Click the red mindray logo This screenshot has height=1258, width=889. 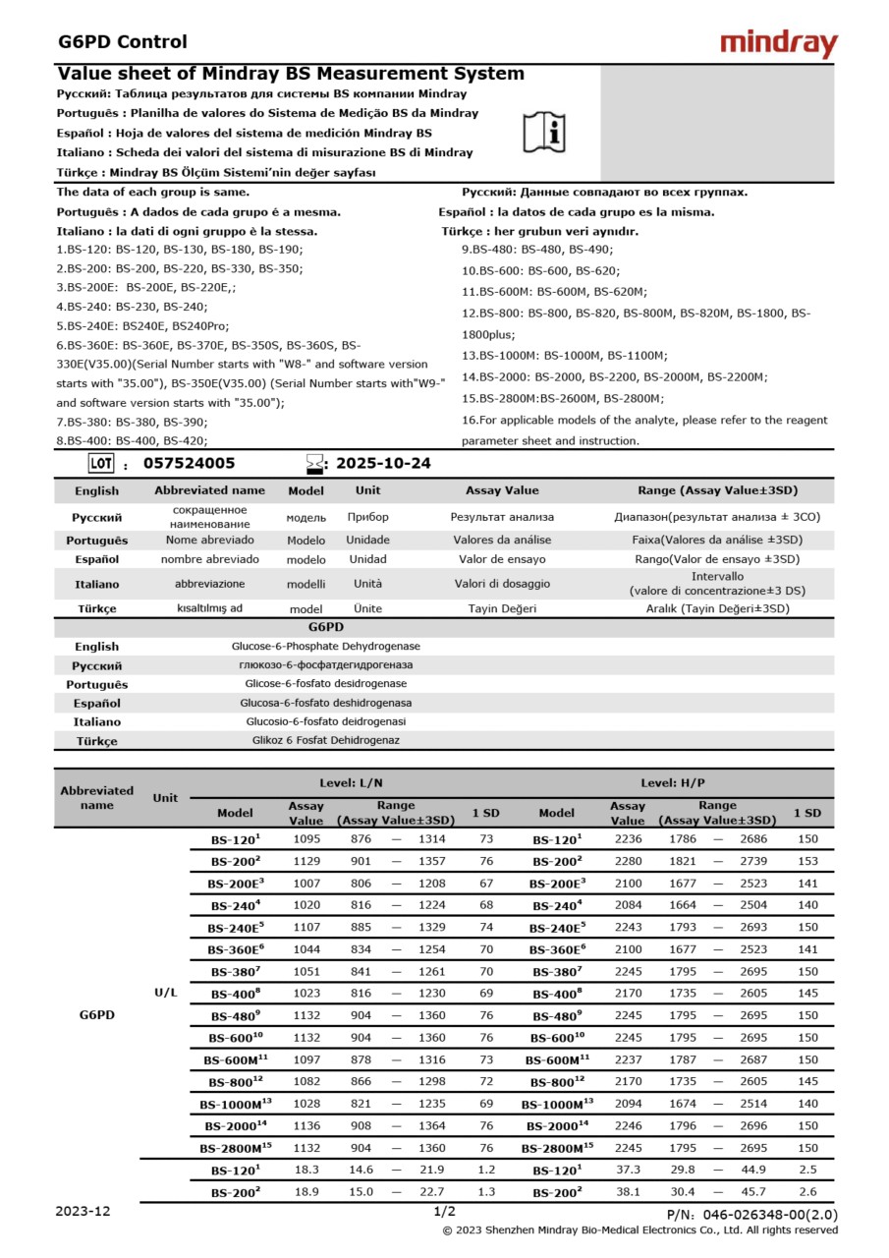pos(778,43)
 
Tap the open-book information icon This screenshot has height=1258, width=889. pos(543,131)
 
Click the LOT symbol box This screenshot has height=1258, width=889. pos(101,463)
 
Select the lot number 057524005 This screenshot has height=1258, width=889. pos(190,463)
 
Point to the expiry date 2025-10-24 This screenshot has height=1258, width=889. pos(383,463)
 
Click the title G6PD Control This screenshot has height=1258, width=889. pos(123,41)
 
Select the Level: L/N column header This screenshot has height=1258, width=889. pos(352,782)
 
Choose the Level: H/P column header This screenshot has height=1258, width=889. pos(673,782)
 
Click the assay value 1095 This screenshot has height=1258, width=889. pos(306,839)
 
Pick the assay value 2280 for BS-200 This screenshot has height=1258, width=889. pos(628,861)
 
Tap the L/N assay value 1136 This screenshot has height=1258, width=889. pos(306,1125)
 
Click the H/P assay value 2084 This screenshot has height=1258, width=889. pos(628,905)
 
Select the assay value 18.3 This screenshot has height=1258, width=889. pos(306,1170)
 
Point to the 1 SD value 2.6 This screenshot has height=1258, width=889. pos(807,1191)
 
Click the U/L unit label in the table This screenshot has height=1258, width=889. pos(165,993)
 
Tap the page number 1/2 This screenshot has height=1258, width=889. pos(444,1212)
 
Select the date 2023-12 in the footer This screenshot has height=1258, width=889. pos(83,1211)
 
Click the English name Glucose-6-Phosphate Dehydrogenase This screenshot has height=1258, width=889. pos(325,646)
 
